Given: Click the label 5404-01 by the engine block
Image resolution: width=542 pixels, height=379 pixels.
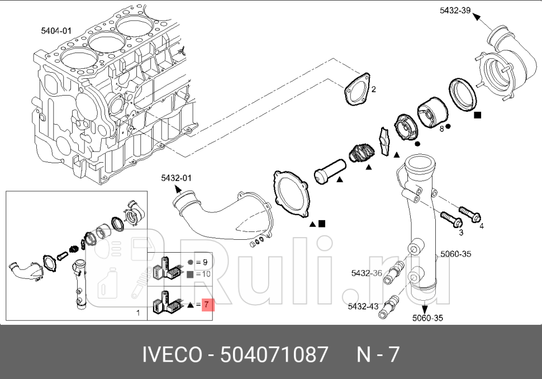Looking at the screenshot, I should pos(56,31).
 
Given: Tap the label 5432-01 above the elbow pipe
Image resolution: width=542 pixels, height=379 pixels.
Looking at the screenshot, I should pos(176,178).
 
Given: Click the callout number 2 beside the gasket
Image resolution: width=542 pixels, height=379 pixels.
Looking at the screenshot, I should pos(374,89).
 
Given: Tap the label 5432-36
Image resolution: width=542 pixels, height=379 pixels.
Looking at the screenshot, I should pos(367,273).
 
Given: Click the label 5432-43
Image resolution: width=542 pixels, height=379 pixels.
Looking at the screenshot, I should pos(363,307).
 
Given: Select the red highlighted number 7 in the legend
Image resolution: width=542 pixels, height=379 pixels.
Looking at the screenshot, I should pos(207,305).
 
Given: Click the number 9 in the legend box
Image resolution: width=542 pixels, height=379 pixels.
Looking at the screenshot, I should pos(205,262).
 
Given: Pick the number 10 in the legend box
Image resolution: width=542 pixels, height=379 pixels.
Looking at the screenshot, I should pos(206,274).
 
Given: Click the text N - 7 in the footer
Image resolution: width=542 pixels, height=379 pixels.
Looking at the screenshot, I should pos(378,354).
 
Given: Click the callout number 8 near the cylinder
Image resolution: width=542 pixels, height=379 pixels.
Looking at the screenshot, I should pos(441,128).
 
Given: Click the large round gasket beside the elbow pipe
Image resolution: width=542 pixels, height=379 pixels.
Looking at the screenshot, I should pos(293,194).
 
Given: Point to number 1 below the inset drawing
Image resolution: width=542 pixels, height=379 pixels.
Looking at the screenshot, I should pos(138,313).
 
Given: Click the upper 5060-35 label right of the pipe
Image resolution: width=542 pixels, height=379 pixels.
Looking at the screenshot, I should pos(455,254).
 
